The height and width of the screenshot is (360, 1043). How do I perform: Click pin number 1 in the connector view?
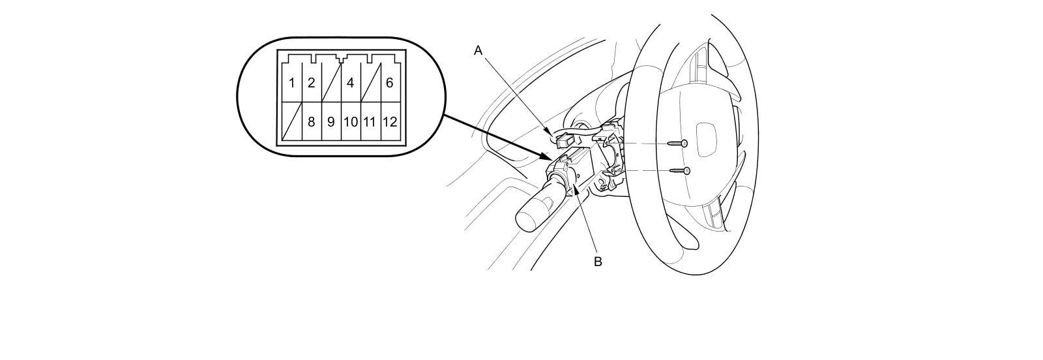292,83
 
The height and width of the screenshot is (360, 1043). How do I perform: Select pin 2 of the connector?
312,83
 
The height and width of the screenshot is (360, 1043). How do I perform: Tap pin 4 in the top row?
351,83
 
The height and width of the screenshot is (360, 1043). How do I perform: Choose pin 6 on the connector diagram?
390,83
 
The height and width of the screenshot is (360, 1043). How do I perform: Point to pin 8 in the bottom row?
312,122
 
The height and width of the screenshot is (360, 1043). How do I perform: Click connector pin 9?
331,122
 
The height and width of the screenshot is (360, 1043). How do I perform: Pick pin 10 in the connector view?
351,122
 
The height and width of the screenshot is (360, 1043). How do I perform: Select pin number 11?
370,122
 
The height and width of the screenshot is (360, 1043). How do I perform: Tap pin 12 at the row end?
390,122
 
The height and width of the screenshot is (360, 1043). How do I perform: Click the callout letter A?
478,50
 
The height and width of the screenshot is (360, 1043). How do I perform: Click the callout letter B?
597,262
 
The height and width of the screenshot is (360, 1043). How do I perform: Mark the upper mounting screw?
677,143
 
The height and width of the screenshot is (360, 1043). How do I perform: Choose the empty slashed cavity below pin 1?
292,122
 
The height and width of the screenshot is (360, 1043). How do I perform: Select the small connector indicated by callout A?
565,139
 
